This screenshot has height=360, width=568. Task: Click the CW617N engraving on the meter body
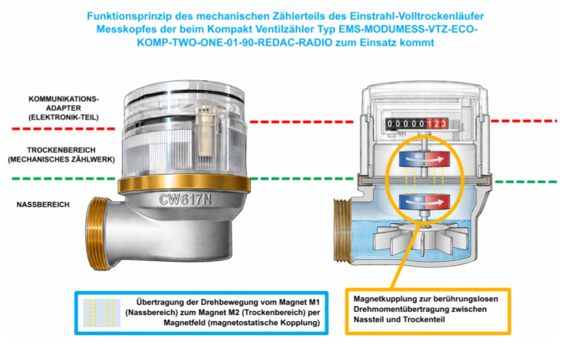tap(185, 199)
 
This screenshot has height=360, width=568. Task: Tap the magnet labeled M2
tap(424, 159)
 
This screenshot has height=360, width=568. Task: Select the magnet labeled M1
tap(424, 202)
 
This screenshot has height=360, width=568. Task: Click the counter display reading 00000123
tap(416, 124)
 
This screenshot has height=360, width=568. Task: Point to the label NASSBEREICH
tap(43, 205)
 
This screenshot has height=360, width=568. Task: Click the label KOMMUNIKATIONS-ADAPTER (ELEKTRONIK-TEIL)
tap(63, 108)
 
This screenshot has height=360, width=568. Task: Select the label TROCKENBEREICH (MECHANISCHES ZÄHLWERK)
tap(61, 155)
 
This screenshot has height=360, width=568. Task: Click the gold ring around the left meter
tap(184, 183)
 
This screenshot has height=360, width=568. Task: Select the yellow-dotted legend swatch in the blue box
tap(101, 312)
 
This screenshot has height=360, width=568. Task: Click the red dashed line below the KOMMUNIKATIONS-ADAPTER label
tap(63, 129)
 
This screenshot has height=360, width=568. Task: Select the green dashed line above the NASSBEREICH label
tap(63, 178)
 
